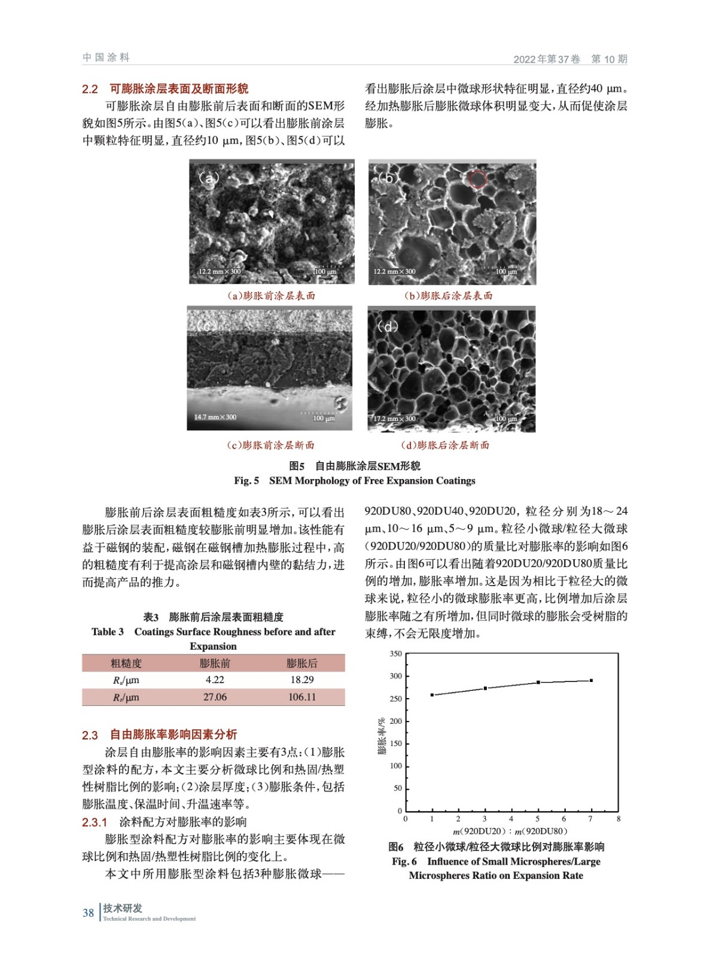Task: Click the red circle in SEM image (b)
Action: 477,179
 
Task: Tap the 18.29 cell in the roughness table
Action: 302,680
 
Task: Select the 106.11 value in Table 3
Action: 302,697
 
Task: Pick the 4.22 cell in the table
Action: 215,680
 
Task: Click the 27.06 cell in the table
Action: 215,697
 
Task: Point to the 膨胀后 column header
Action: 302,663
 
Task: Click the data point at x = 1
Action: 432,695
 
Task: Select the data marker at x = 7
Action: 591,680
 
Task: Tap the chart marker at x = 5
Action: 538,683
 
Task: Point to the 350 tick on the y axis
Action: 396,654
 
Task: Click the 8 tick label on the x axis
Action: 618,818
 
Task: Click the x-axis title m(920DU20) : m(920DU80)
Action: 510,831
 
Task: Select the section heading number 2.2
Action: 90,89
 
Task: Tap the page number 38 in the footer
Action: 88,912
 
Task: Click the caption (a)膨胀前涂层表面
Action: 271,296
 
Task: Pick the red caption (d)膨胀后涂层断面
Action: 445,445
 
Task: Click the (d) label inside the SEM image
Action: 387,327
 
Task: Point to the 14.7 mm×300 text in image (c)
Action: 215,417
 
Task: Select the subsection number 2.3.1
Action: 95,822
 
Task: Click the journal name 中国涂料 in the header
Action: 106,57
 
